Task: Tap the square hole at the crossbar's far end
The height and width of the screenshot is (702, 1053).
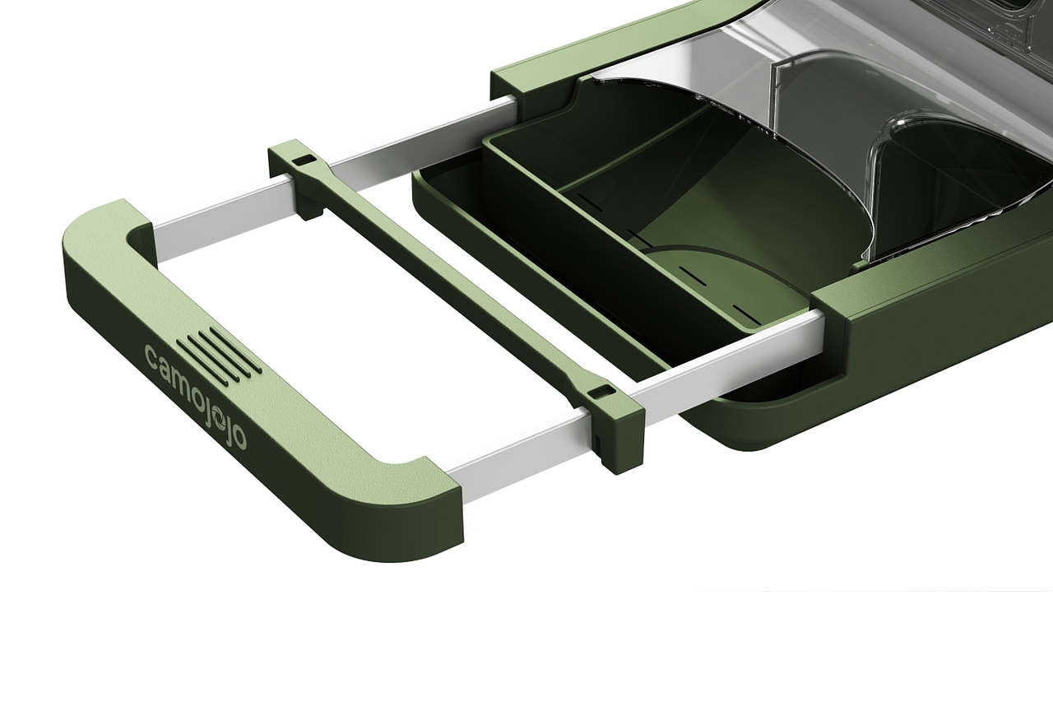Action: point(304,160)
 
